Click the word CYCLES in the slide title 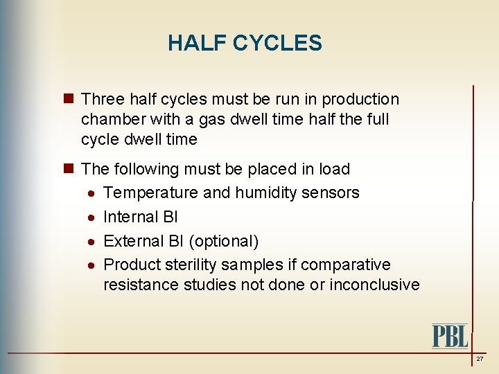pyautogui.click(x=277, y=44)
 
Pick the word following pyautogui.click(x=147, y=169)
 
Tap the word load pyautogui.click(x=335, y=169)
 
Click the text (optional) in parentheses pyautogui.click(x=224, y=241)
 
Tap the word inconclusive pyautogui.click(x=374, y=285)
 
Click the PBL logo pyautogui.click(x=450, y=336)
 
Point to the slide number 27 pyautogui.click(x=480, y=359)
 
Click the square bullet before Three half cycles pyautogui.click(x=68, y=100)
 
